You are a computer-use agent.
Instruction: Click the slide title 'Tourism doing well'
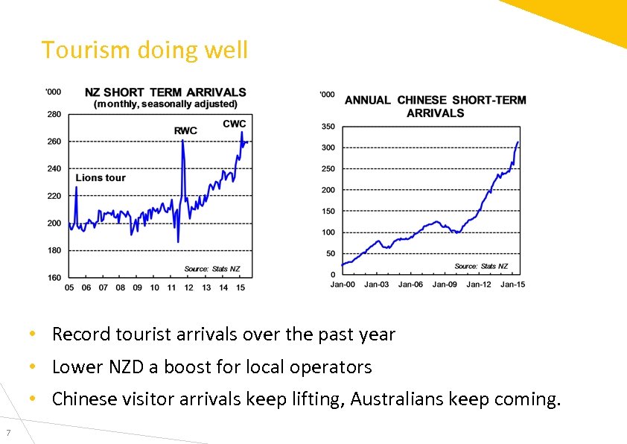(x=144, y=51)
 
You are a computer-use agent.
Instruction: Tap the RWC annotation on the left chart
(x=185, y=131)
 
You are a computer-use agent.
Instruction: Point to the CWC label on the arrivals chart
(x=235, y=124)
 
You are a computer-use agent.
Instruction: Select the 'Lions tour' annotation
(x=101, y=178)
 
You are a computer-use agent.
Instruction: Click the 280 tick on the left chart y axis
(x=54, y=114)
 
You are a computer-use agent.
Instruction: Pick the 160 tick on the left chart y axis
(x=54, y=278)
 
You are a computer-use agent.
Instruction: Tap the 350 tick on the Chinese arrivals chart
(x=328, y=127)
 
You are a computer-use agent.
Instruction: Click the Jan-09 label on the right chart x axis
(x=445, y=285)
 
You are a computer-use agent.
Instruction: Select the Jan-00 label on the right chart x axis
(x=343, y=285)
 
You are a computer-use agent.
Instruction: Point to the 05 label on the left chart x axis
(x=69, y=288)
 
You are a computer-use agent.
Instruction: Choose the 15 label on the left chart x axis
(x=239, y=288)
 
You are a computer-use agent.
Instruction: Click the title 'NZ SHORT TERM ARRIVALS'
(x=165, y=92)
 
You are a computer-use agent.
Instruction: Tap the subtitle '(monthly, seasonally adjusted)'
(x=165, y=104)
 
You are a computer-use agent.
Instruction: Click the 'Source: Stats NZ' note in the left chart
(x=212, y=269)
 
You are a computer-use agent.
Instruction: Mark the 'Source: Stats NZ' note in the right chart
(x=481, y=266)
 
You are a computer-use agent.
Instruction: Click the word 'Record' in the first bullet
(x=81, y=334)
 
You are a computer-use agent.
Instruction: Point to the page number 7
(x=7, y=434)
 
